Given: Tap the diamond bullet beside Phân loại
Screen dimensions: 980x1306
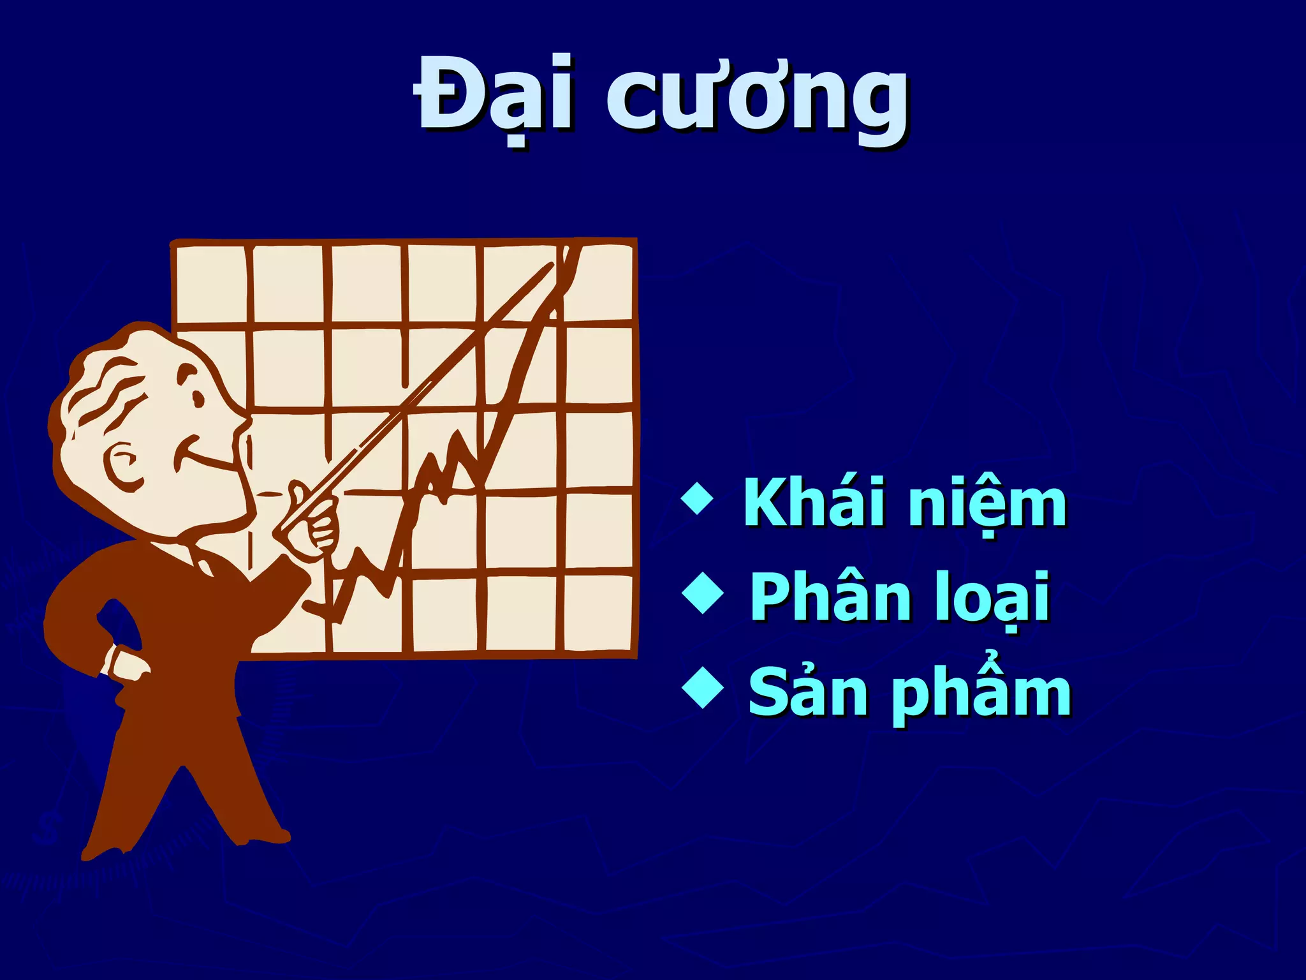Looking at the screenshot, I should coord(703,593).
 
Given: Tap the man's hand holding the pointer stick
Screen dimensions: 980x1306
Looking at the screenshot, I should coord(312,523).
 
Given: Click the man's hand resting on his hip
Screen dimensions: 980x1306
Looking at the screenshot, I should coord(128,664).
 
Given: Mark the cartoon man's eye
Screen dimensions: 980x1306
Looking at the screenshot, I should coord(198,399).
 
